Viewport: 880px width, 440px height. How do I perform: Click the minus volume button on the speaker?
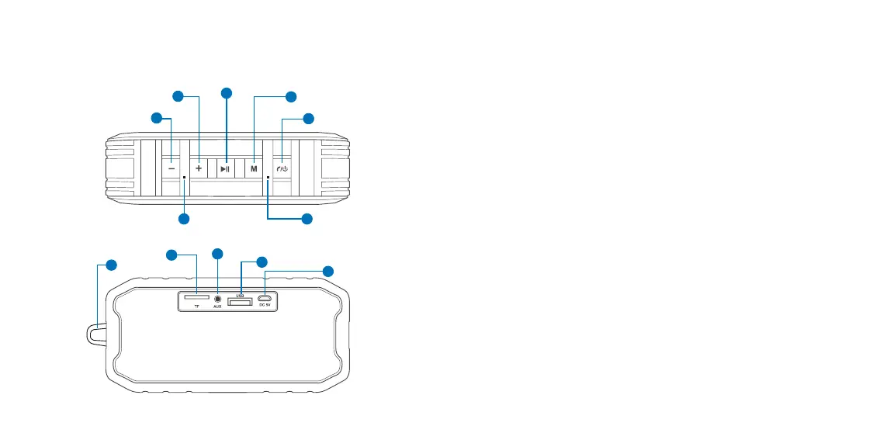[171, 168]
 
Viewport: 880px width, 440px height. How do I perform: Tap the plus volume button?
[199, 168]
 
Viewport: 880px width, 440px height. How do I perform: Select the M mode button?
[253, 168]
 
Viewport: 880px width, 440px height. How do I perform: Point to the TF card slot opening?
[196, 296]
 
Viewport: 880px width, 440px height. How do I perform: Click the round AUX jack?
[218, 297]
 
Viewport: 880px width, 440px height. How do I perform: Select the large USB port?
[241, 302]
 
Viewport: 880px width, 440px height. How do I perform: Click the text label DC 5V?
[265, 306]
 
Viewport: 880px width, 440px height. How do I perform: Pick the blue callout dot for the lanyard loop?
[112, 265]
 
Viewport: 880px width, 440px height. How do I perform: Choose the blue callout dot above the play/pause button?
[227, 93]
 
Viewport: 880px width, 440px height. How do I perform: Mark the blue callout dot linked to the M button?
[290, 97]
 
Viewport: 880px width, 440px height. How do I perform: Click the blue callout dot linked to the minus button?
[157, 118]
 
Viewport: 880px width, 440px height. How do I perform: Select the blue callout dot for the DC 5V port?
[328, 271]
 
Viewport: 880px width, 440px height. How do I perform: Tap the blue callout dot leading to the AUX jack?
[217, 254]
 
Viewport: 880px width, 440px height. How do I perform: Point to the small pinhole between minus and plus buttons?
[184, 177]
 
